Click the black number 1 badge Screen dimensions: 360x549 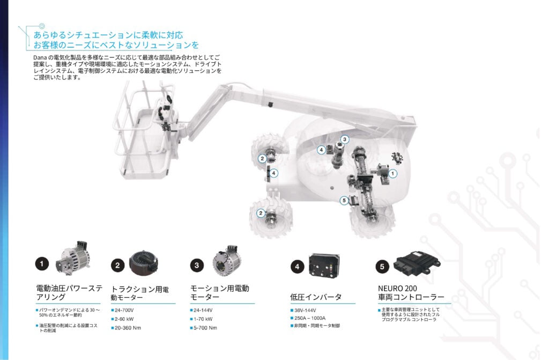click(x=42, y=263)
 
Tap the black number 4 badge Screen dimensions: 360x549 click(x=297, y=266)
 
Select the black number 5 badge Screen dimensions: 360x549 click(x=382, y=266)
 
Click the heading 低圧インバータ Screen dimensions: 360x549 click(x=316, y=297)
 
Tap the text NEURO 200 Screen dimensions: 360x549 click(x=397, y=288)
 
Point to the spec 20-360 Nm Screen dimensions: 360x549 click(x=128, y=327)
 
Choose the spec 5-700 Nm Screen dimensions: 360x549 click(x=206, y=327)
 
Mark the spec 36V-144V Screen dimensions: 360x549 click(x=304, y=310)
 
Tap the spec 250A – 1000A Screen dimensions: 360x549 click(x=311, y=318)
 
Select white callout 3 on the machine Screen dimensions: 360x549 click(x=345, y=139)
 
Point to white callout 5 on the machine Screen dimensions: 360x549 click(x=344, y=201)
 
